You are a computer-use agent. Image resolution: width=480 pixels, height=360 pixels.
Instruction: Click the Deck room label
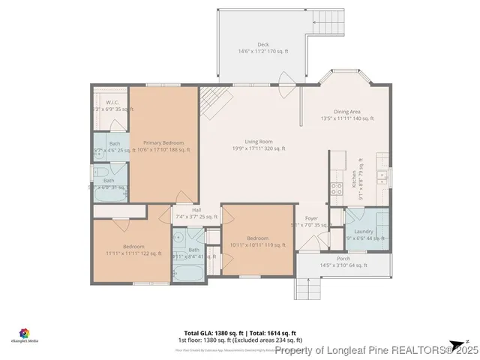click(x=263, y=44)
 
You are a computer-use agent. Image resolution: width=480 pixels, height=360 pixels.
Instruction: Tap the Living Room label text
click(x=258, y=141)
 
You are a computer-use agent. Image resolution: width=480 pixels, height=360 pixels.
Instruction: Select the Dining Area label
click(x=346, y=111)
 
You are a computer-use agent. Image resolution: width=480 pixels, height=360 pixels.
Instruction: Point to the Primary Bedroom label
click(x=163, y=142)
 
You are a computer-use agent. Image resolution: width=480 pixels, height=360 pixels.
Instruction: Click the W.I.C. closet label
click(x=112, y=102)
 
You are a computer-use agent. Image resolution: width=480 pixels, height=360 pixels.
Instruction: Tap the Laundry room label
click(x=364, y=232)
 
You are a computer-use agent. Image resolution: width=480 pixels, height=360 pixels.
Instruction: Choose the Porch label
click(x=343, y=258)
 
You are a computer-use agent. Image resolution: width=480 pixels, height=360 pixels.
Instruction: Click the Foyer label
click(x=311, y=218)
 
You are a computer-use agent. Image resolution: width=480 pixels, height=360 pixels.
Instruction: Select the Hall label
click(x=196, y=210)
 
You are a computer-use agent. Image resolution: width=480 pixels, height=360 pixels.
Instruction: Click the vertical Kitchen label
click(x=354, y=178)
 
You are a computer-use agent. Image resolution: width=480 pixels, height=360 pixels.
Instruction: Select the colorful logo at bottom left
click(x=24, y=332)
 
